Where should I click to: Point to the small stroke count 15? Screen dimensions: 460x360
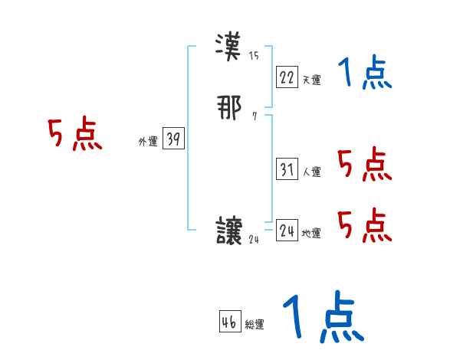254,55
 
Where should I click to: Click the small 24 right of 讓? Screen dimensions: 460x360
255,239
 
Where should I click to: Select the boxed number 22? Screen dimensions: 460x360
287,77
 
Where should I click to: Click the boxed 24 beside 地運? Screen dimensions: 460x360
287,231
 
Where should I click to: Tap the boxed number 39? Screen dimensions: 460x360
173,139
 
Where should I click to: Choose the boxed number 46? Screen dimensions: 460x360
229,322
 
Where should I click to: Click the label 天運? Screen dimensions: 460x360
311,80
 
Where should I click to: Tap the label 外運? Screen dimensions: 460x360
148,142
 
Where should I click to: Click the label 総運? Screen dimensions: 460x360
254,325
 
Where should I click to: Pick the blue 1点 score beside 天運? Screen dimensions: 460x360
365,74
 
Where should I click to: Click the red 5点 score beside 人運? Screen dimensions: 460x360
365,164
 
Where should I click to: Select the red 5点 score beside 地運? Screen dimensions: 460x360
365,225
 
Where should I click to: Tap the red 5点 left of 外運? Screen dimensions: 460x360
75,136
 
